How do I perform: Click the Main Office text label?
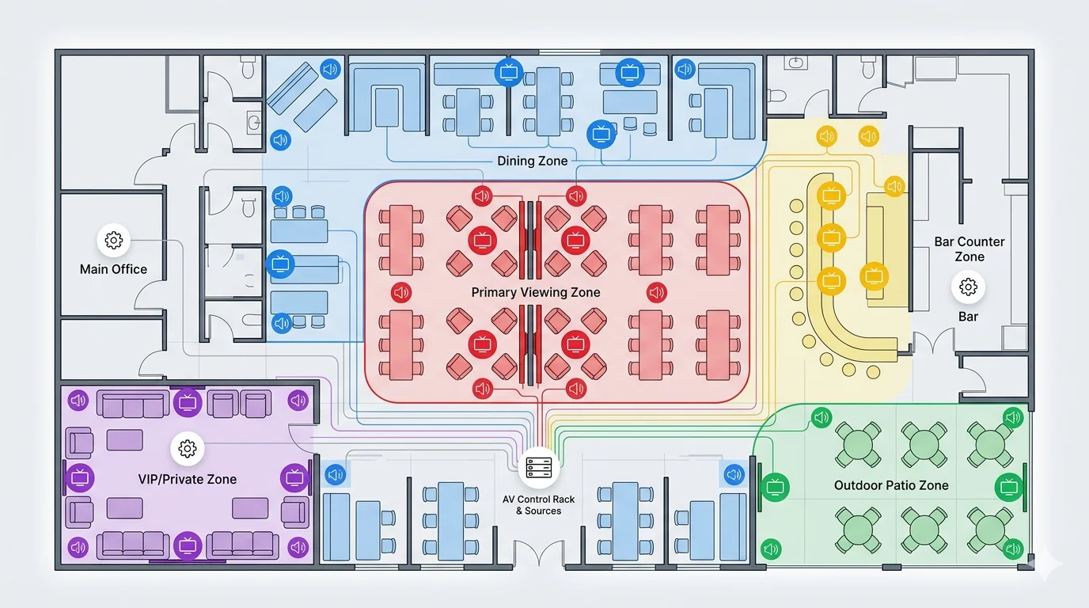[x=113, y=269]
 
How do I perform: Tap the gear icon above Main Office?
[x=113, y=240]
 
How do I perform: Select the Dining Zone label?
[x=532, y=161]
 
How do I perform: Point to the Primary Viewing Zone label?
[x=536, y=292]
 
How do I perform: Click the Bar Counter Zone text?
[x=969, y=249]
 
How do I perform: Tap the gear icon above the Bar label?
[x=968, y=287]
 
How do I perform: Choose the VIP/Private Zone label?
[x=187, y=479]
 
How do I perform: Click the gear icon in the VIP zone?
[x=188, y=449]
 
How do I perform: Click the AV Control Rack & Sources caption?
[x=539, y=505]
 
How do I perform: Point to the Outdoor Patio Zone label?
[x=891, y=485]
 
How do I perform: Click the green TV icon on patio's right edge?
[x=1009, y=486]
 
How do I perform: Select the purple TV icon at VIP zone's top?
[x=188, y=401]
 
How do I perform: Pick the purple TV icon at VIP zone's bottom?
[x=188, y=545]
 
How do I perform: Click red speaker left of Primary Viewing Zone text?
[x=401, y=292]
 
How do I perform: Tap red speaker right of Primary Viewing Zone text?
[x=657, y=292]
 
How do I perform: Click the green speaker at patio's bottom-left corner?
[x=771, y=548]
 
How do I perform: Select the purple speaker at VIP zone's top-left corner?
[x=78, y=401]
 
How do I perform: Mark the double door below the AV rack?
[x=537, y=554]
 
